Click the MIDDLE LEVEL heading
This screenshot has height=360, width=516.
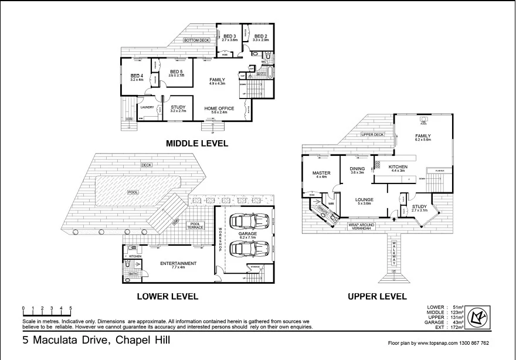coord(196,143)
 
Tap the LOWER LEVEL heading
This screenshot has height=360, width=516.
coord(167,296)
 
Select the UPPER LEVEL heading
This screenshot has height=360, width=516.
coord(376,296)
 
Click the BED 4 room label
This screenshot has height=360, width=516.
coord(137,76)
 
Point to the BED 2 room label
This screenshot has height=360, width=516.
coord(260,36)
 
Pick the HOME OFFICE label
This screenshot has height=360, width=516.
coord(219,108)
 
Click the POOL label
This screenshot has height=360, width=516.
coord(133,192)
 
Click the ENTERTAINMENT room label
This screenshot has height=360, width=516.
coord(178,263)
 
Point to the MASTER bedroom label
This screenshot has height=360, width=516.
coord(322,173)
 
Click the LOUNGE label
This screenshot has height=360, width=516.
coord(364,199)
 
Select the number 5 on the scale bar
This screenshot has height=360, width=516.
coord(71,308)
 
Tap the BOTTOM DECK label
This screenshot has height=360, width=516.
coord(196,40)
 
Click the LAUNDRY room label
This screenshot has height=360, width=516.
coord(147,107)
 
